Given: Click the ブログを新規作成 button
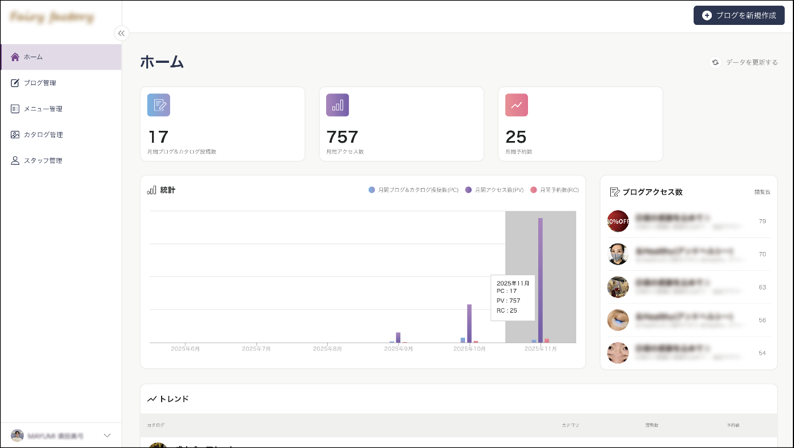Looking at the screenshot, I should coord(739,15).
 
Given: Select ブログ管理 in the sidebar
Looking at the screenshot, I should coord(40,83).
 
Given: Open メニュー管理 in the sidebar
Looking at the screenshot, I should coord(43,109).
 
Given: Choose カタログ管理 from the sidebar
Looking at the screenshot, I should coord(43,135).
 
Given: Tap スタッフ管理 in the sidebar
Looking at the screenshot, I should coord(43,161).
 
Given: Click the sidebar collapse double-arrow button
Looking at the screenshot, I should coord(121,33).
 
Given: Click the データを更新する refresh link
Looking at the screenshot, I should coord(745,62).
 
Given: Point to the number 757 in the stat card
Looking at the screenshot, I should coord(343,137).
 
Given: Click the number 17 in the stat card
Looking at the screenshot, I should coord(158,137).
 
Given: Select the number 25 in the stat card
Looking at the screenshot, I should coord(516,137).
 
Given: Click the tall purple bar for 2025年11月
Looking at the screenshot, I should coord(540,280).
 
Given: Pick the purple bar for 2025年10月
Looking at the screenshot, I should coord(470,323).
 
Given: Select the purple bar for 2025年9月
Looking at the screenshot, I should coord(398,337).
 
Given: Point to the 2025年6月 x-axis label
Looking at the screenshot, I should coord(185,349).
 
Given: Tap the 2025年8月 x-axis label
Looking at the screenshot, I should coord(328,349).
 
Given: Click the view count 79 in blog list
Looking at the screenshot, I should coord(762,221).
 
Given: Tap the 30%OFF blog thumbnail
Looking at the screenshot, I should coord(618,221).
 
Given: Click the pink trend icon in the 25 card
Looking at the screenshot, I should coord(517,105).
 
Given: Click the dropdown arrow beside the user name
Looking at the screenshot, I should coord(107,436).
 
